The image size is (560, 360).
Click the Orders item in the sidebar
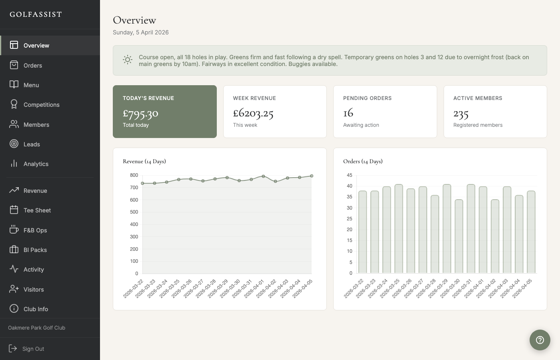pyautogui.click(x=32, y=65)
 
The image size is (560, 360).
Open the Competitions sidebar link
pyautogui.click(x=41, y=105)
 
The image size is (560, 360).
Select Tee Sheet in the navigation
pyautogui.click(x=37, y=210)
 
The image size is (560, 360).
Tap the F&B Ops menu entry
pyautogui.click(x=35, y=230)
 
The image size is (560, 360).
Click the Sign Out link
pyautogui.click(x=33, y=349)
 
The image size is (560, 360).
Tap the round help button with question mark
pyautogui.click(x=540, y=340)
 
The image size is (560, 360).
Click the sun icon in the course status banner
pyautogui.click(x=128, y=60)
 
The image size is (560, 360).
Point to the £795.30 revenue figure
pyautogui.click(x=140, y=114)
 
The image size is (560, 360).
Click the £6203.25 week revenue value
pyautogui.click(x=253, y=114)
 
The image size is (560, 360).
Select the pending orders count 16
pyautogui.click(x=348, y=113)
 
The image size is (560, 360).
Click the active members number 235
pyautogui.click(x=461, y=114)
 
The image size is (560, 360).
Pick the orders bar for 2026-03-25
pyautogui.click(x=399, y=229)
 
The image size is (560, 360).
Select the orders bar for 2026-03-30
pyautogui.click(x=459, y=236)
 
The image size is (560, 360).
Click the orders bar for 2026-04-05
pyautogui.click(x=531, y=232)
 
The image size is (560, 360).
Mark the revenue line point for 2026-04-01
pyautogui.click(x=263, y=176)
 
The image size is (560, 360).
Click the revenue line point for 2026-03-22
pyautogui.click(x=142, y=183)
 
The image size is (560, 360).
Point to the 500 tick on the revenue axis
pyautogui.click(x=134, y=212)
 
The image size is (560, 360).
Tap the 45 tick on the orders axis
pyautogui.click(x=349, y=175)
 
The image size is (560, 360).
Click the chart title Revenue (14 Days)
pyautogui.click(x=144, y=161)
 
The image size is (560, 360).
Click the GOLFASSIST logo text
pyautogui.click(x=36, y=14)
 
